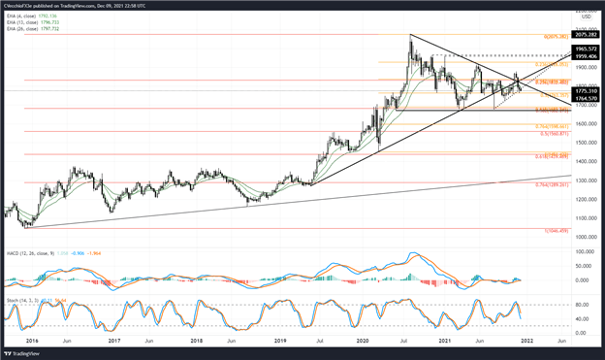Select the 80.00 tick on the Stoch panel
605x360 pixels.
tap(582, 304)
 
